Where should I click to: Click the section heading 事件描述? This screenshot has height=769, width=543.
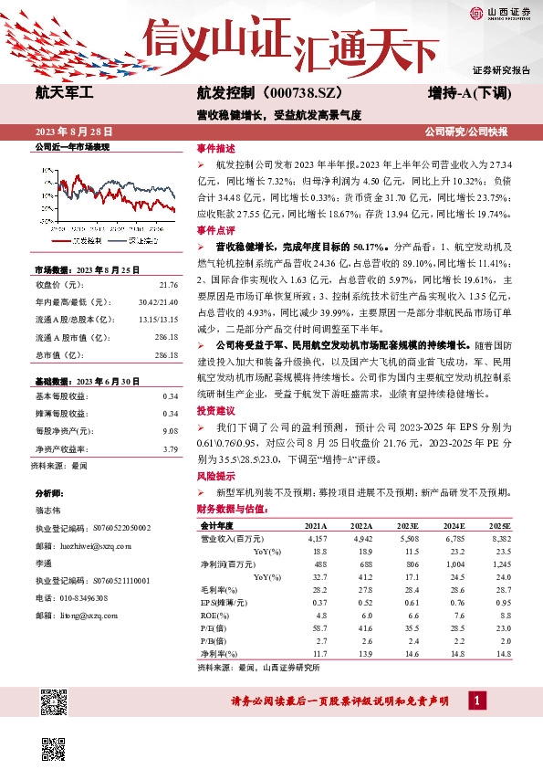pos(216,148)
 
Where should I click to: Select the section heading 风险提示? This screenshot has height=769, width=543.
pos(216,476)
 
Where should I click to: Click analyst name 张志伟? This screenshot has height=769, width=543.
pos(52,511)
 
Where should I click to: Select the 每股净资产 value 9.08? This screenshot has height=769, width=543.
pos(169,431)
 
